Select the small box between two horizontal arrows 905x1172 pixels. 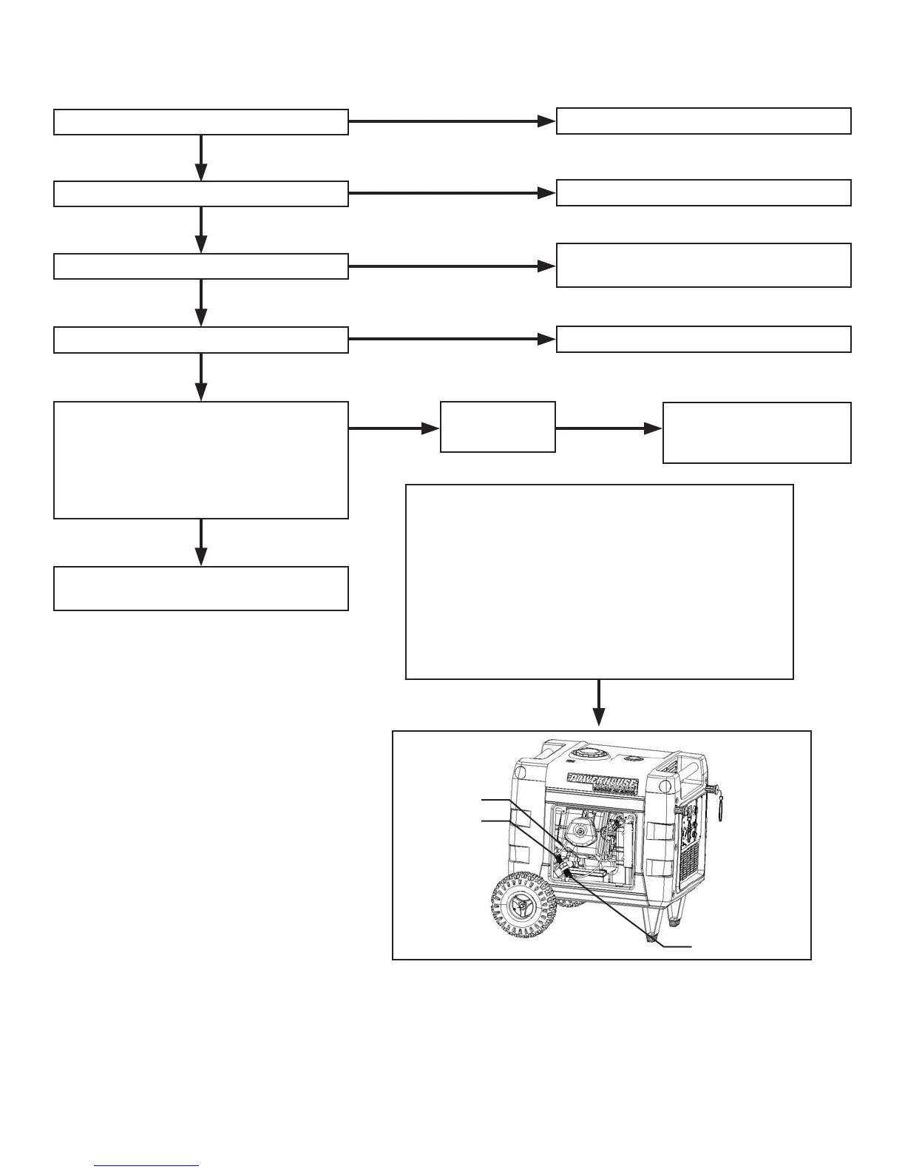(498, 427)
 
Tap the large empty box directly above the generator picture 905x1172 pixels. (600, 582)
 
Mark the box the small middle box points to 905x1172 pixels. (756, 433)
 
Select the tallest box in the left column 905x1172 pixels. (201, 460)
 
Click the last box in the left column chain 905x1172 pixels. (201, 588)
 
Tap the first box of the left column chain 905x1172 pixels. (201, 122)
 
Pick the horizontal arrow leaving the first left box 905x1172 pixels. (452, 121)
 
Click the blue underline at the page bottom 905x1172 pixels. (147, 1166)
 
